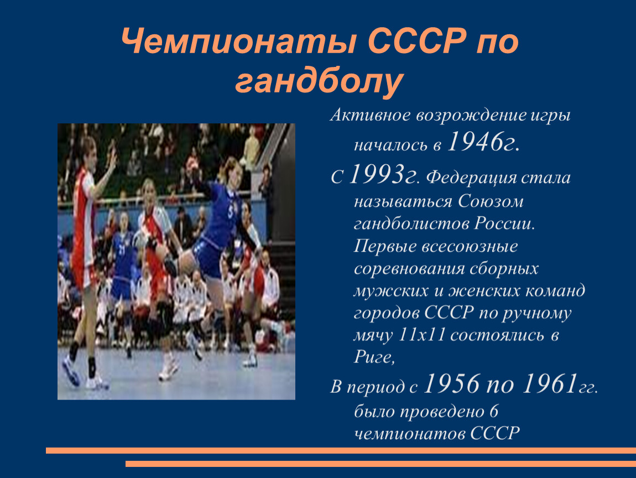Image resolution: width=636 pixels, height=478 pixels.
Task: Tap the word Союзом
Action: point(491,201)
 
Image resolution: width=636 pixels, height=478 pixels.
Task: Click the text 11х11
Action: point(422,335)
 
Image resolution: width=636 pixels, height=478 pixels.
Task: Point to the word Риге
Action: point(373,357)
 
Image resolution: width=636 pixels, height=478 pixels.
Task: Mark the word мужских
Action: point(390,291)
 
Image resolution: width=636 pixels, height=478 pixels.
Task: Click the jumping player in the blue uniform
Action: point(215,227)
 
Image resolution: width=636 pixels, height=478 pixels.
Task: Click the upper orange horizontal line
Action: point(341,450)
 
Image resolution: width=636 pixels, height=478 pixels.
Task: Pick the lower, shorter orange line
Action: point(380,464)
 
